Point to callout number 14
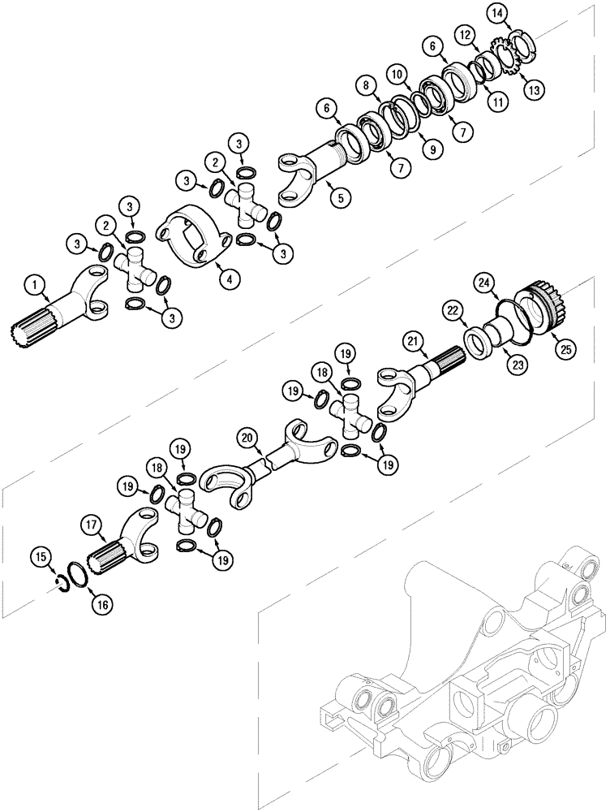[x=496, y=11]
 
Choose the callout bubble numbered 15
[x=41, y=556]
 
